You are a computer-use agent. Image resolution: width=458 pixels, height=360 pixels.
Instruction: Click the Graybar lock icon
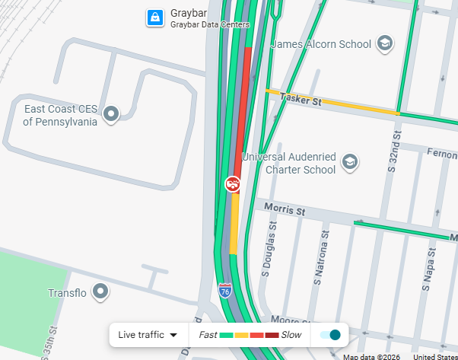click(x=154, y=18)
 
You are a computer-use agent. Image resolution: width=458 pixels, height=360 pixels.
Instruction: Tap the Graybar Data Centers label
click(x=209, y=25)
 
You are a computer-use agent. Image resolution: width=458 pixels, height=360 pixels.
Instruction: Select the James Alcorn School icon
click(x=384, y=43)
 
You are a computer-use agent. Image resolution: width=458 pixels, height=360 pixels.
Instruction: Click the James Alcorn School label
click(x=320, y=44)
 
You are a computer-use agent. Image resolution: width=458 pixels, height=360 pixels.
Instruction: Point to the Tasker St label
click(x=301, y=99)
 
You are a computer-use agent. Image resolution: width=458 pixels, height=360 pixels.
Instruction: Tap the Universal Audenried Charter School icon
click(x=349, y=161)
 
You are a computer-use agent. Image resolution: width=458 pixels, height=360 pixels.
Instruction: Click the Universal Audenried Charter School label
click(x=288, y=163)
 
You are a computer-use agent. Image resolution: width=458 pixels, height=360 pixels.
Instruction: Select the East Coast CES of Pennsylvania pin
click(x=112, y=114)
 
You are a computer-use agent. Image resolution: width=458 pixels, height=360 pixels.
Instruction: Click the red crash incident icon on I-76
click(x=233, y=183)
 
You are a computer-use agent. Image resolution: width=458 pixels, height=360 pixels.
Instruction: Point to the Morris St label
click(x=284, y=209)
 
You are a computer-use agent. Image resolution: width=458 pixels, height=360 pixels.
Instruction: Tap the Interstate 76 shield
click(x=225, y=290)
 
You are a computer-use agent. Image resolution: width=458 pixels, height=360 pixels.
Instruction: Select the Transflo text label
click(x=67, y=293)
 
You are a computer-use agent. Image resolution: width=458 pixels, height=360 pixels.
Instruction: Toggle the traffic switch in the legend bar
click(x=330, y=335)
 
